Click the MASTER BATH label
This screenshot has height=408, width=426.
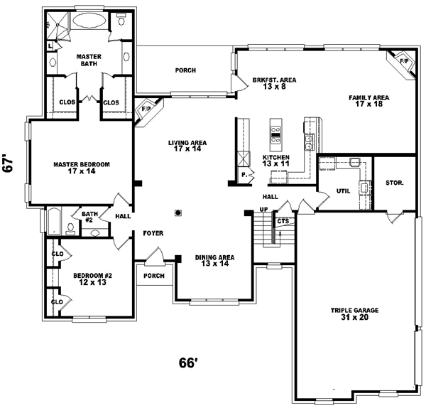[88, 60]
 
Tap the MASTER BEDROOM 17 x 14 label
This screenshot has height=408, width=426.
[82, 168]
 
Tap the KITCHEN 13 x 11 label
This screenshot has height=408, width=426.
[276, 161]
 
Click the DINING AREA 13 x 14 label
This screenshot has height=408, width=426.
[214, 261]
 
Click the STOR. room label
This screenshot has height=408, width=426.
[395, 183]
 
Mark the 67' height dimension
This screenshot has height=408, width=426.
[9, 164]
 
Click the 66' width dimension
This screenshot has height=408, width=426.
[187, 363]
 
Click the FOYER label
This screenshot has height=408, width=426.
[153, 232]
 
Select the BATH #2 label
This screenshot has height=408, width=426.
[89, 216]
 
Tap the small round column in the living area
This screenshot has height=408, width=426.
[178, 211]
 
